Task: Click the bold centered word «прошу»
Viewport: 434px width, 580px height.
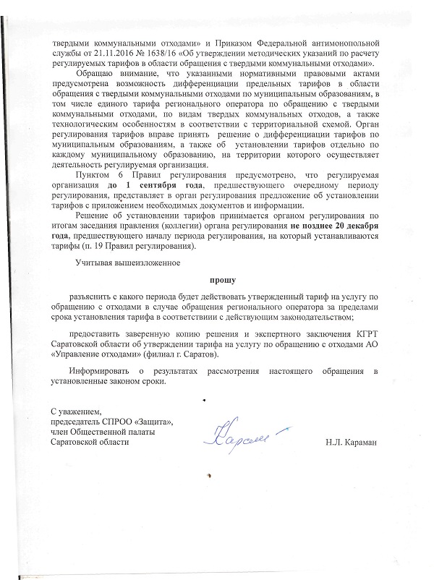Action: pyautogui.click(x=216, y=278)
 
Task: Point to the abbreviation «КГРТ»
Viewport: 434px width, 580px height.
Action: pyautogui.click(x=369, y=335)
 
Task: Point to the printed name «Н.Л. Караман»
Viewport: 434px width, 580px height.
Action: pyautogui.click(x=351, y=440)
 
